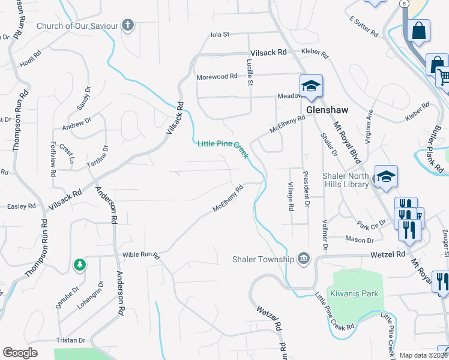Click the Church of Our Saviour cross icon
127,25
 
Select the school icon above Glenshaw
312,86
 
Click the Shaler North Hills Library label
345,180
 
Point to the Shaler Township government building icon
304,259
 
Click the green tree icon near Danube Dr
79,264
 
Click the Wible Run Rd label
142,255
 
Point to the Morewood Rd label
217,77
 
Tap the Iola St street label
220,35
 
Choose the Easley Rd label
22,206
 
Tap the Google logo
20,353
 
